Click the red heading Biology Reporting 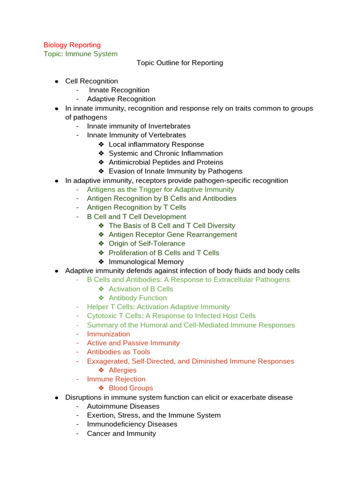72,45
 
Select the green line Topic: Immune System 80,54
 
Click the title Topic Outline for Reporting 180,63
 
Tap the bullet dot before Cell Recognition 56,82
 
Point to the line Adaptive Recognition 121,99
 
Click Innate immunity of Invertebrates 138,126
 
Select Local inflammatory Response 156,144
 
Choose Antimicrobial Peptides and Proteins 166,162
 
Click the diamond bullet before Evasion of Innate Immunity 101,172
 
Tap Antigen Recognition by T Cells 136,207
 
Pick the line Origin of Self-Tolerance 147,243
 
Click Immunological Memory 146,262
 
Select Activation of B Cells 141,289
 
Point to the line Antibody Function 137,298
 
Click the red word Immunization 108,334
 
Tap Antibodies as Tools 119,352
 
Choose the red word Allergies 122,370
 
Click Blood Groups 131,388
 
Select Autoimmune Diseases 123,406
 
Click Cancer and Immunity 121,433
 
